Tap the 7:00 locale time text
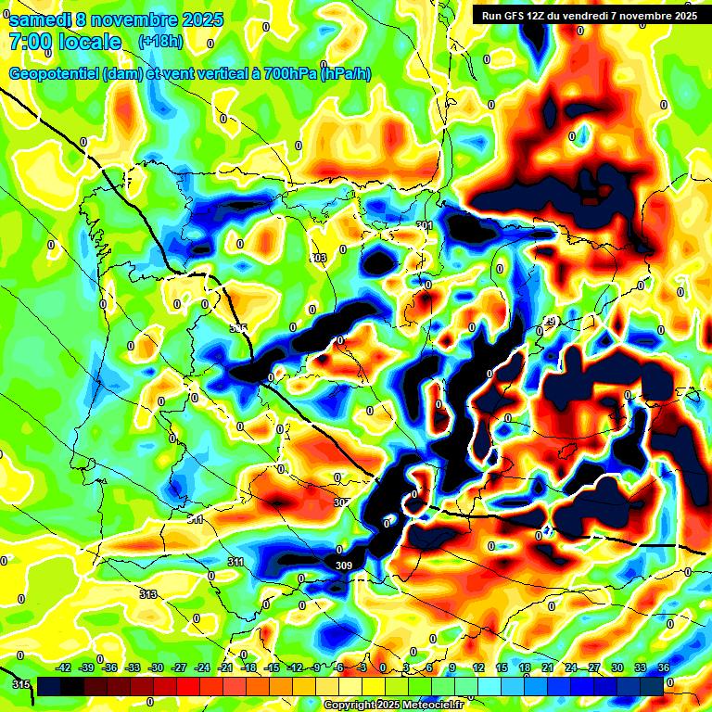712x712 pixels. [65, 42]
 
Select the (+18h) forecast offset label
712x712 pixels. [160, 42]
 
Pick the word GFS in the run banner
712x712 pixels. [519, 15]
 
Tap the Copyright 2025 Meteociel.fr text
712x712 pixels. [393, 705]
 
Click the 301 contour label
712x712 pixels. [425, 225]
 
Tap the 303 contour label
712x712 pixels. [319, 258]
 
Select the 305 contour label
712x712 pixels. [238, 328]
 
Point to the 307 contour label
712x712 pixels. [342, 502]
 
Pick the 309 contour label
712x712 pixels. [344, 566]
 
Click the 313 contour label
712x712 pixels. [148, 594]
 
